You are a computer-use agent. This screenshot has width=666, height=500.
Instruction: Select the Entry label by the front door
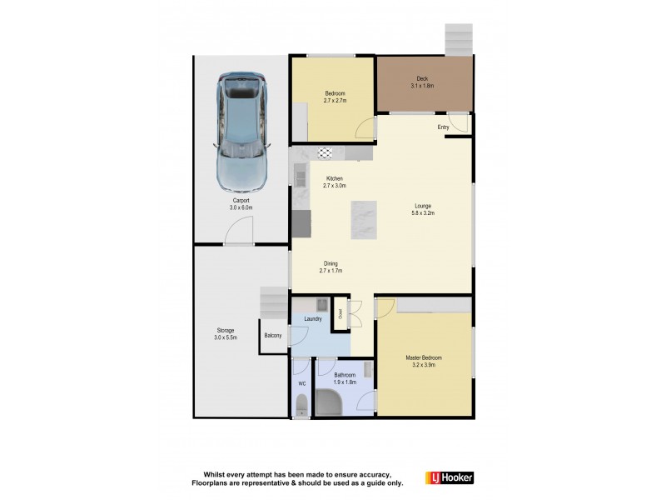(x=443, y=127)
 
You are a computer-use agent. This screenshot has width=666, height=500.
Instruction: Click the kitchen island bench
(x=364, y=221)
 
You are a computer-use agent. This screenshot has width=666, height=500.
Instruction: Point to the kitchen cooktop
(x=325, y=153)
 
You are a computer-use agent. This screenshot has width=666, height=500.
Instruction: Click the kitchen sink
(x=299, y=175)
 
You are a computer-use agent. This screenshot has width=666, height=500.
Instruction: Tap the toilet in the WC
(x=301, y=406)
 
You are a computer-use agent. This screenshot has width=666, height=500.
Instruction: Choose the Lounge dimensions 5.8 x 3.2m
(x=424, y=213)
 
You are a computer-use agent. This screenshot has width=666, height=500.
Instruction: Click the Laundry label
(x=313, y=318)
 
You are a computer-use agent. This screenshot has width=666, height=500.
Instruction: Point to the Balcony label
(x=272, y=336)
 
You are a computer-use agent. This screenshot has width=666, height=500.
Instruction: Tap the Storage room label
(x=226, y=330)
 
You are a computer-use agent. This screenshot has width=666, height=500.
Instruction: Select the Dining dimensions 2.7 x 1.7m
(x=331, y=271)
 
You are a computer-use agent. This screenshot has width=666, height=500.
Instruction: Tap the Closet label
(x=340, y=314)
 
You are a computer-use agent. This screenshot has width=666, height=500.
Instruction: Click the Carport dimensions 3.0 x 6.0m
(x=241, y=207)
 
